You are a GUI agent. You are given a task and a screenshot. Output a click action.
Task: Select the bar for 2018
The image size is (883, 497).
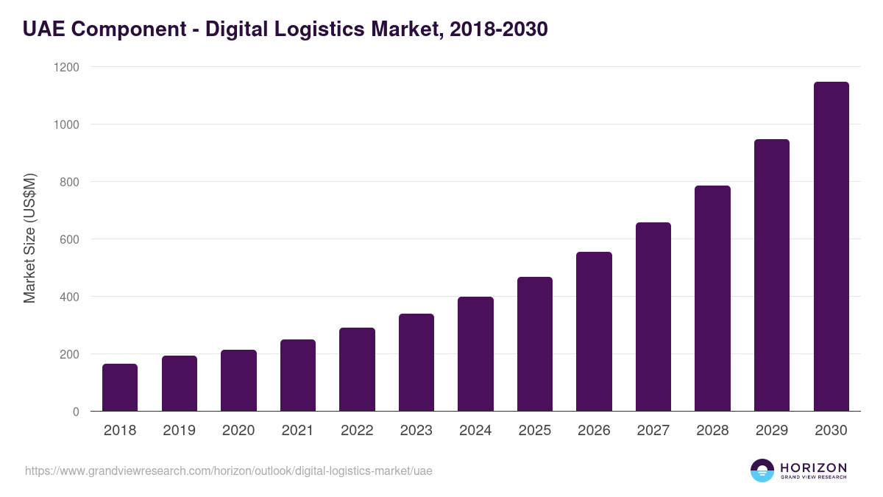(120, 387)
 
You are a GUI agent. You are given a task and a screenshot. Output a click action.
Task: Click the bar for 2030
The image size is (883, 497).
(831, 247)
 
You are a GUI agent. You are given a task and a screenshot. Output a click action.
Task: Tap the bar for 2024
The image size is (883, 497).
(475, 354)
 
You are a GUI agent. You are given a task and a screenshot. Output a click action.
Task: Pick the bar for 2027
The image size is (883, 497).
(653, 317)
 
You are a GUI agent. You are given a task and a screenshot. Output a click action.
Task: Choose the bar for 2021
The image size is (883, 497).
(298, 376)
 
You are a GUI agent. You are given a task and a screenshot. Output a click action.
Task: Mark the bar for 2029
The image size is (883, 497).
(772, 275)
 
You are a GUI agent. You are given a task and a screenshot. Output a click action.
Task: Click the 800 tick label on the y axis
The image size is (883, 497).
(68, 182)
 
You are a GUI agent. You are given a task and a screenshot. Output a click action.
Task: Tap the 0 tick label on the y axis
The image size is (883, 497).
(76, 412)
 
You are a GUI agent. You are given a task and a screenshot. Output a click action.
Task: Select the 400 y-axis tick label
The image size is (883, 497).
(68, 297)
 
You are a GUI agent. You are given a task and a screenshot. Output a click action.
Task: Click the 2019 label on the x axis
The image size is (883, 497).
(179, 431)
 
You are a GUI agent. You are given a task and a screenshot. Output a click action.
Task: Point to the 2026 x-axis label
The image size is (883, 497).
(594, 431)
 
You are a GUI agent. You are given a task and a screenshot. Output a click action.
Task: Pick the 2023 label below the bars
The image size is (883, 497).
(416, 431)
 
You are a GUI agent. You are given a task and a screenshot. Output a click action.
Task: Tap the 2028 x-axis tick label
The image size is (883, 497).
(712, 431)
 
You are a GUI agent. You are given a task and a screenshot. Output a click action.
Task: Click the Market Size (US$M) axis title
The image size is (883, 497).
(29, 239)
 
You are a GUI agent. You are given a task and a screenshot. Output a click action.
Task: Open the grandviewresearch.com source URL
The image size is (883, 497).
(229, 470)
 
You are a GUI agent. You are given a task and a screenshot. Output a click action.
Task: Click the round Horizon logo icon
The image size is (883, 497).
(762, 470)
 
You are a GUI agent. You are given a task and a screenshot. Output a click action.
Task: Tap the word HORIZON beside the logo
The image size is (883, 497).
(812, 467)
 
